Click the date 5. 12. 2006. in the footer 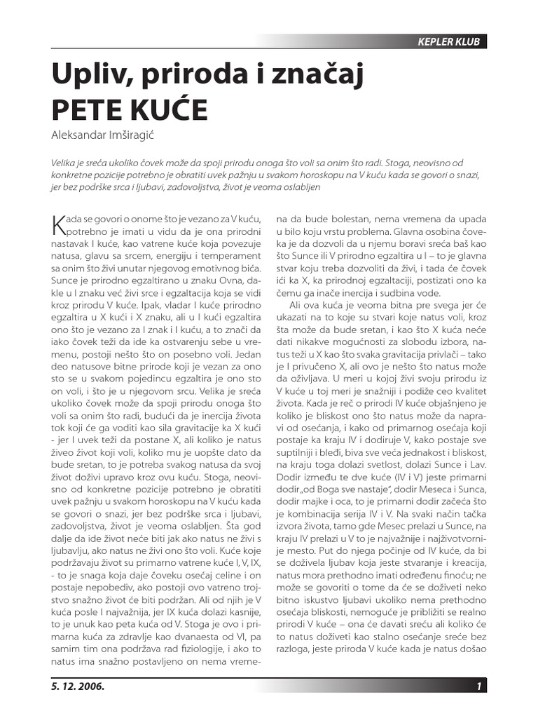77,686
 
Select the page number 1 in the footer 478,686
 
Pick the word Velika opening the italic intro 65,161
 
